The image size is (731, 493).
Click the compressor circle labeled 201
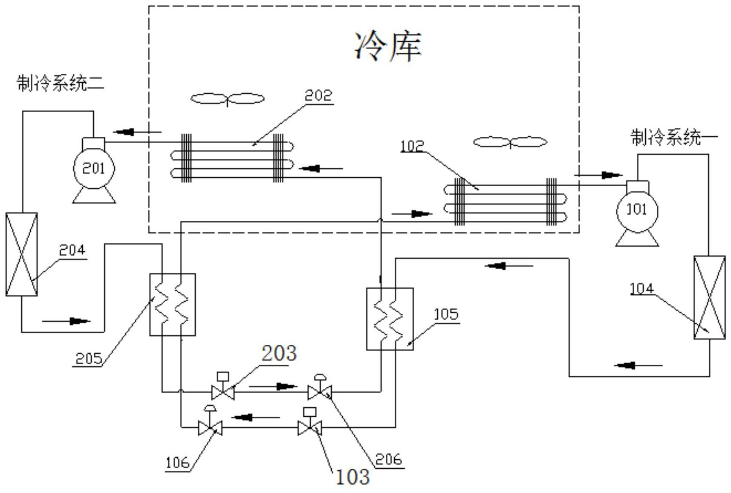pyautogui.click(x=94, y=168)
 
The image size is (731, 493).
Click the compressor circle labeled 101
pyautogui.click(x=637, y=210)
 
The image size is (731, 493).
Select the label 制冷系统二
pyautogui.click(x=61, y=83)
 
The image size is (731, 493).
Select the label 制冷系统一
pyautogui.click(x=673, y=137)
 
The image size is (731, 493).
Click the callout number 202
pyautogui.click(x=318, y=95)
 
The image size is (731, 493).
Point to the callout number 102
pyautogui.click(x=412, y=146)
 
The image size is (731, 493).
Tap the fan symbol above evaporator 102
pyautogui.click(x=510, y=142)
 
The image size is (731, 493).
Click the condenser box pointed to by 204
pyautogui.click(x=21, y=254)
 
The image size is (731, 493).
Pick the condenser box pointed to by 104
pyautogui.click(x=709, y=297)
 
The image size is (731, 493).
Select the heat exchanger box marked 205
pyautogui.click(x=173, y=304)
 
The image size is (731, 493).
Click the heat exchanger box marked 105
pyautogui.click(x=390, y=319)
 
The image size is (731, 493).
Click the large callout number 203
pyautogui.click(x=279, y=354)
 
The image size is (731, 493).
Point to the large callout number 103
pyautogui.click(x=352, y=477)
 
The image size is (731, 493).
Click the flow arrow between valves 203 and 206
pyautogui.click(x=273, y=386)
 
